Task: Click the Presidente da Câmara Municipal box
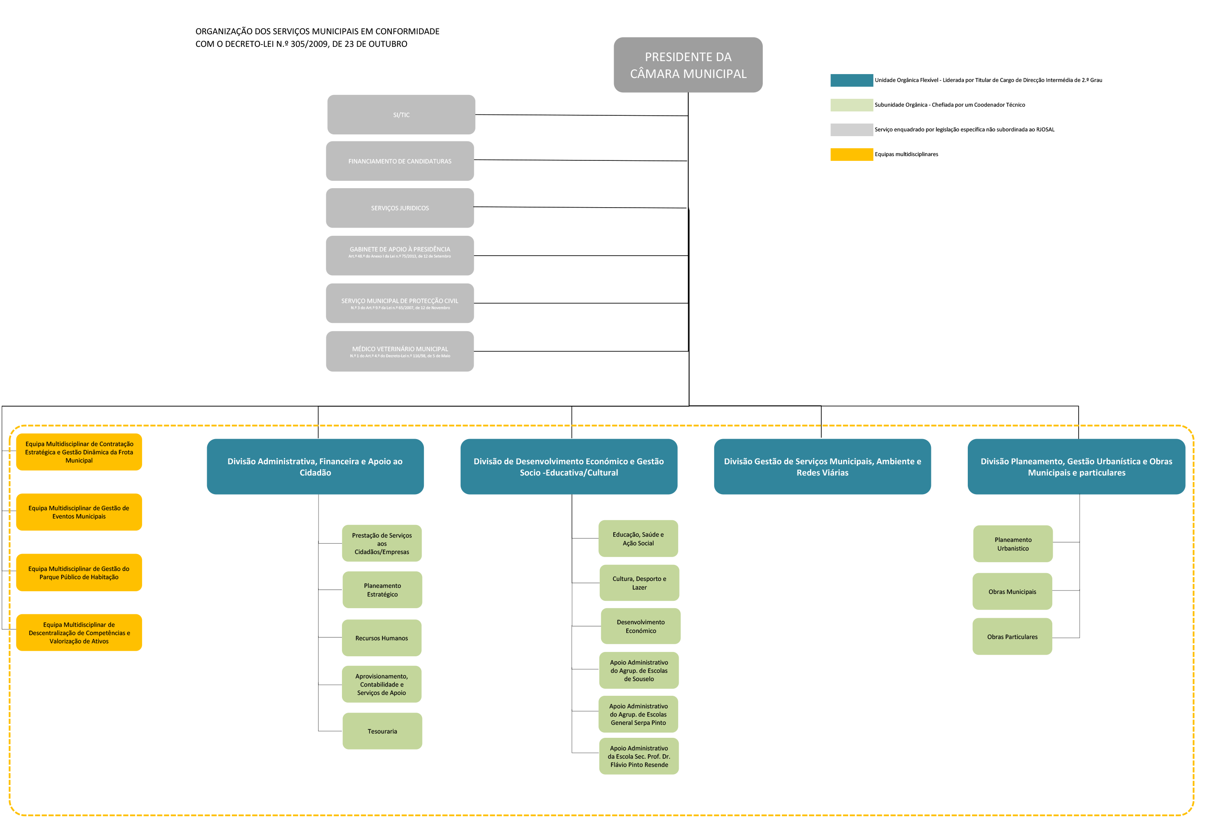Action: click(688, 65)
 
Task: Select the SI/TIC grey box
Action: click(401, 115)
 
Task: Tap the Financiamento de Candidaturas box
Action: click(400, 161)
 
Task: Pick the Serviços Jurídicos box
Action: click(400, 208)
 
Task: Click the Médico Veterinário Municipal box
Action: click(400, 351)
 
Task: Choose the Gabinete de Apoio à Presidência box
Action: click(400, 255)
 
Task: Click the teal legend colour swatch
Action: click(851, 80)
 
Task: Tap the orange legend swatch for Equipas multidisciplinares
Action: click(851, 154)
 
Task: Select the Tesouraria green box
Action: click(382, 731)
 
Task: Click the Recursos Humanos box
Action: click(382, 638)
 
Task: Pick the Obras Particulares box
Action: click(1012, 636)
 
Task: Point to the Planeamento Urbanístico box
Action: click(1013, 544)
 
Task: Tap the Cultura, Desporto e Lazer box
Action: click(639, 583)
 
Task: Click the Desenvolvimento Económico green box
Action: click(641, 626)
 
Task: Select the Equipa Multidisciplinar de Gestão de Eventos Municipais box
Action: click(79, 512)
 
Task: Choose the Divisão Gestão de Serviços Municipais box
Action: click(822, 466)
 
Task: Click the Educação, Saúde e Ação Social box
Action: click(638, 538)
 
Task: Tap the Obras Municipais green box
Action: click(1012, 592)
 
